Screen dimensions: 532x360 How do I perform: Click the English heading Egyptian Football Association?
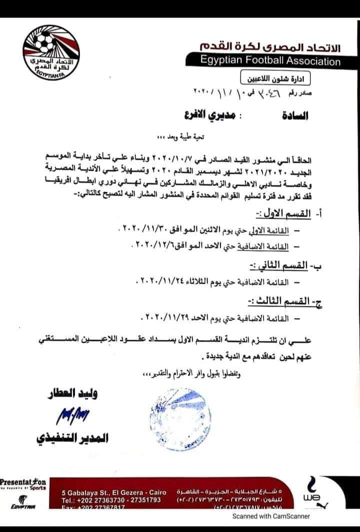[270, 62]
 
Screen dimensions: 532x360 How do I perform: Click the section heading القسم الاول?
[287, 214]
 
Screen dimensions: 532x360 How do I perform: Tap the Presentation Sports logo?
[23, 485]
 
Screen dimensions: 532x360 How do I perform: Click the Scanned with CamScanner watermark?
[274, 517]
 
